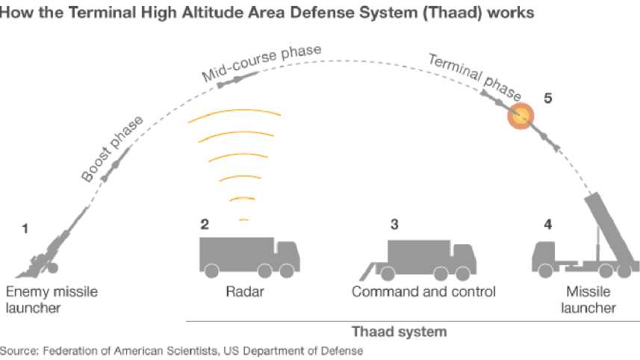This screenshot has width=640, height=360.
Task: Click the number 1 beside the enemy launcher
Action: (x=25, y=229)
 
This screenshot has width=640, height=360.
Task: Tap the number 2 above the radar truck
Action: (x=204, y=223)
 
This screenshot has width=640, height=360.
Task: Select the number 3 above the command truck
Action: (x=394, y=223)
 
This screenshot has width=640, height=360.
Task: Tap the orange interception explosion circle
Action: (x=521, y=115)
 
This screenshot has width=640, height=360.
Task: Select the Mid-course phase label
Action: (x=261, y=63)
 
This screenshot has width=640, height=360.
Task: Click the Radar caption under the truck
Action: (x=244, y=291)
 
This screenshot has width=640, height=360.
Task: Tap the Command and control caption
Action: (x=423, y=291)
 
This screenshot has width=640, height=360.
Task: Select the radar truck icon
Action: (x=249, y=256)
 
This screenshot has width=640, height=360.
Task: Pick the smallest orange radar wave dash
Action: (x=243, y=220)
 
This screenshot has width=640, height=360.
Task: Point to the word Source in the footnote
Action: (x=19, y=350)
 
